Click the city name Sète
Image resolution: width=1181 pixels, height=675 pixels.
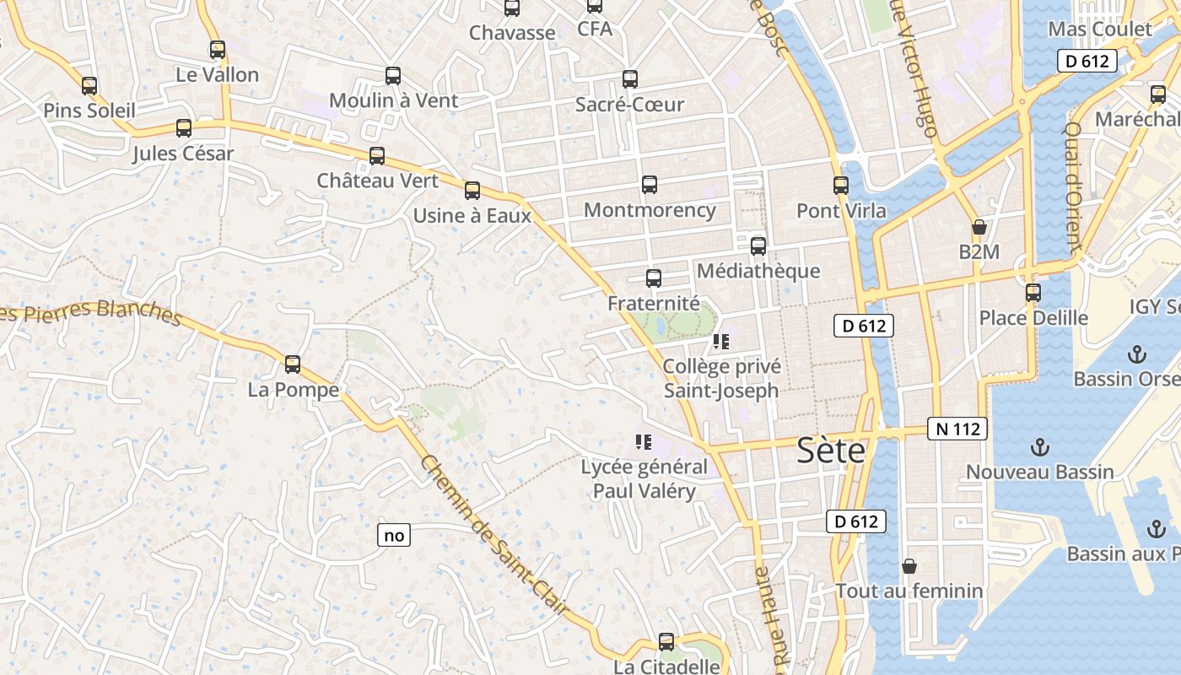pos(831,451)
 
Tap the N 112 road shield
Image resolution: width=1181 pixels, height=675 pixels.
pos(958,429)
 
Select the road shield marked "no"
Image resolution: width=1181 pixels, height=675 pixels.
pos(394,535)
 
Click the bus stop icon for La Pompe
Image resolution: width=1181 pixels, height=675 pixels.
pos(293,364)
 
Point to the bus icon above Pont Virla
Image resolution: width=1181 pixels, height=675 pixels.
pos(841,186)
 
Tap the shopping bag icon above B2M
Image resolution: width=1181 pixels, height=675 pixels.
pos(979,227)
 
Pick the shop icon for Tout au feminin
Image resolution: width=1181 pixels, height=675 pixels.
pos(909,566)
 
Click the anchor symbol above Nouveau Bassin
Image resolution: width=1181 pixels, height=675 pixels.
pos(1040,446)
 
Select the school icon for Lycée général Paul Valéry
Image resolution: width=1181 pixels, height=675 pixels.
pos(644,441)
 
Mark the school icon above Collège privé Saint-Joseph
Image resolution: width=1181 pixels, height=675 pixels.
pos(720,342)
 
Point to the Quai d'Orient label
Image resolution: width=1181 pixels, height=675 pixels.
pos(1074,187)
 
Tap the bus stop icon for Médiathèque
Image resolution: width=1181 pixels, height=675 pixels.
pos(758,246)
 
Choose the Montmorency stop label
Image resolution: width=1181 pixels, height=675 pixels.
pos(650,210)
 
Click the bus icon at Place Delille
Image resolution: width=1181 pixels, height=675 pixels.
pos(1033,293)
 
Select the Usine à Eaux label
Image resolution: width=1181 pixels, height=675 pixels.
pos(472,215)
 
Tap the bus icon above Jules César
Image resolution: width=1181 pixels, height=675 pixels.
pos(184,128)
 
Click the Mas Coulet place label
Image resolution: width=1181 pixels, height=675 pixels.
pos(1100,30)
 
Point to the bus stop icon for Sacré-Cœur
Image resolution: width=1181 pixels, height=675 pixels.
pos(630,79)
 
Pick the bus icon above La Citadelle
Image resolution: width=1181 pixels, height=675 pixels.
pos(666,642)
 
